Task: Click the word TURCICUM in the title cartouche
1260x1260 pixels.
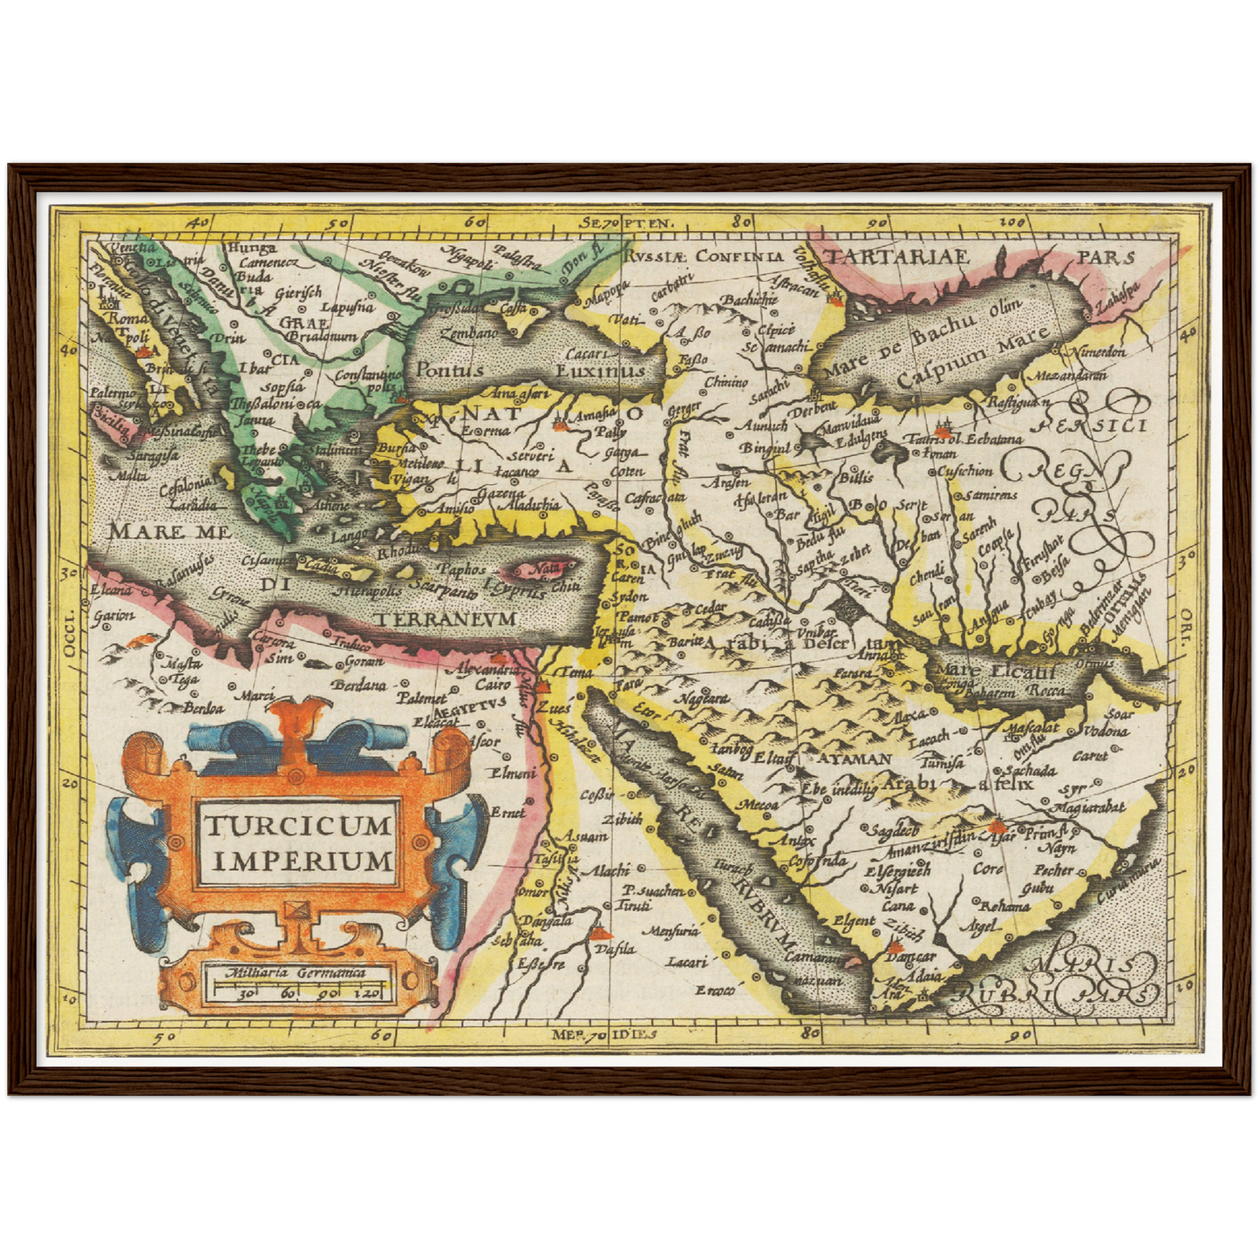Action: [x=297, y=824]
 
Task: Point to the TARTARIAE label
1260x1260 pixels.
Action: [x=898, y=256]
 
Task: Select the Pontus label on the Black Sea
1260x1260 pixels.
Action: [x=449, y=369]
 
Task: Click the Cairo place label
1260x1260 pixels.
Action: [x=494, y=685]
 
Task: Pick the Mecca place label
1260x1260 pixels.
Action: [x=758, y=805]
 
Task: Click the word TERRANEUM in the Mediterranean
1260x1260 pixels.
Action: [x=447, y=617]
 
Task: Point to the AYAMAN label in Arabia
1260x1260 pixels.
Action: [x=853, y=759]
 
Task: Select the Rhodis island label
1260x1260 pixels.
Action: [x=400, y=553]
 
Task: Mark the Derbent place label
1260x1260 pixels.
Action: [x=814, y=406]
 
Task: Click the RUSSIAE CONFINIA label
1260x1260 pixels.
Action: [x=704, y=255]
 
